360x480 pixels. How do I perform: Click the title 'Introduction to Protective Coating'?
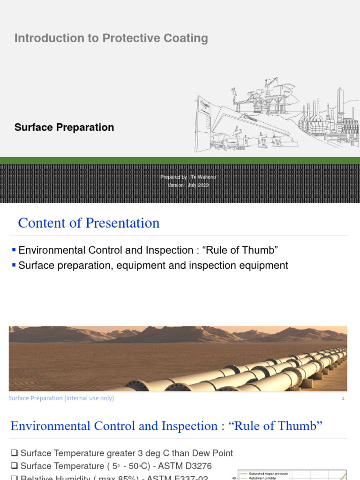(x=111, y=38)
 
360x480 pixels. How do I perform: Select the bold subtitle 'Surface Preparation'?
(x=64, y=127)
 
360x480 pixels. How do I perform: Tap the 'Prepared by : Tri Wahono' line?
(x=188, y=177)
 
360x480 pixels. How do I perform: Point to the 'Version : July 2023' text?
(x=188, y=185)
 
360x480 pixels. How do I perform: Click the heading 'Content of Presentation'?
(x=89, y=223)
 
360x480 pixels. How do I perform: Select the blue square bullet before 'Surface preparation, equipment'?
(x=14, y=265)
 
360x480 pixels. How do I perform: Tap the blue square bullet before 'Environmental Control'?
(x=14, y=250)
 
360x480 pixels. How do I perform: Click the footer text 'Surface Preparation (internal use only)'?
(x=61, y=398)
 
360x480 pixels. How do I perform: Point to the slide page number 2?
(x=343, y=398)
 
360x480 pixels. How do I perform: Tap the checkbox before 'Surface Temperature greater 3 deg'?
(x=14, y=453)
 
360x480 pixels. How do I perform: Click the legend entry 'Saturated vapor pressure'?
(x=269, y=473)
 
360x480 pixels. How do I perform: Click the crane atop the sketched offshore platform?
(x=270, y=84)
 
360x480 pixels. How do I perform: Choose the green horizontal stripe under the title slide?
(x=180, y=160)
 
